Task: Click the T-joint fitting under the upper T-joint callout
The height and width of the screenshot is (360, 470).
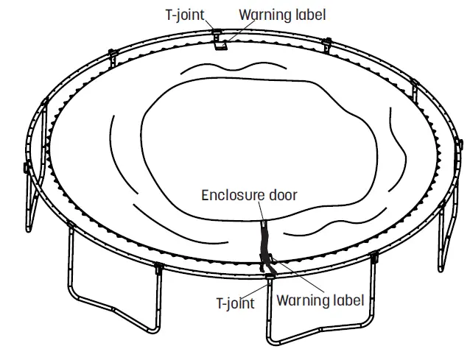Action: pyautogui.click(x=217, y=32)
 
